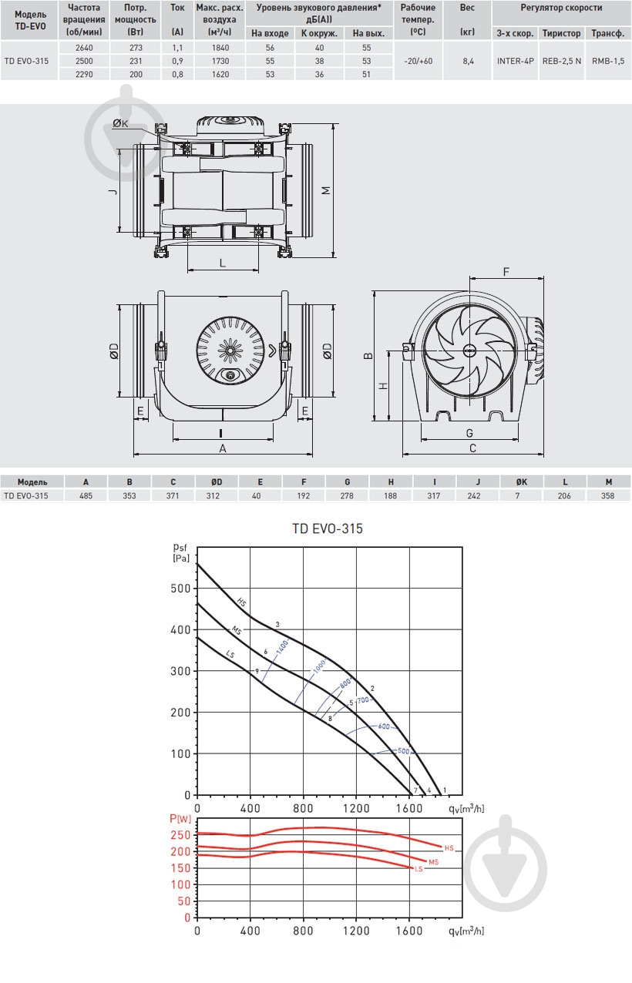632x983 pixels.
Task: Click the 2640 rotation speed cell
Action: [x=84, y=48]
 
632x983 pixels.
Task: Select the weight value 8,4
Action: [x=468, y=61]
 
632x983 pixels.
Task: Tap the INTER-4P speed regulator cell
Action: [x=515, y=61]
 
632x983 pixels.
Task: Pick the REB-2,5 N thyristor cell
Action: [x=562, y=61]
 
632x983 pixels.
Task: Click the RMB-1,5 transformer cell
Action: [x=608, y=61]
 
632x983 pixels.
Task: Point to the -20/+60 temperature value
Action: [x=418, y=61]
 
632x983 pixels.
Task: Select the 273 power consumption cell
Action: [x=136, y=48]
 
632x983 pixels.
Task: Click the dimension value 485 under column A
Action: [x=86, y=495]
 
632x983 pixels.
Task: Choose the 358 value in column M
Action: [x=607, y=495]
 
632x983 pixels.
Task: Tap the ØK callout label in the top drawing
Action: [x=120, y=124]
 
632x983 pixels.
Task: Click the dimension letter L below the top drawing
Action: [x=223, y=263]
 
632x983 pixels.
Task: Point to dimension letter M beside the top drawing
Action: [x=326, y=190]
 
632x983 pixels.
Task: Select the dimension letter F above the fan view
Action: [x=506, y=272]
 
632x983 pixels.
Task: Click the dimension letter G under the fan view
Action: [x=469, y=433]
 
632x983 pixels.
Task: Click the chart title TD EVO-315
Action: [x=328, y=528]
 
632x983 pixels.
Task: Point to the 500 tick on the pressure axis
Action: [x=180, y=588]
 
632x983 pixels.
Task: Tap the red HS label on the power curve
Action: [x=449, y=848]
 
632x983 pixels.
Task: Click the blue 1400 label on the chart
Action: [x=282, y=646]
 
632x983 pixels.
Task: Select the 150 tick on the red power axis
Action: [x=180, y=868]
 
